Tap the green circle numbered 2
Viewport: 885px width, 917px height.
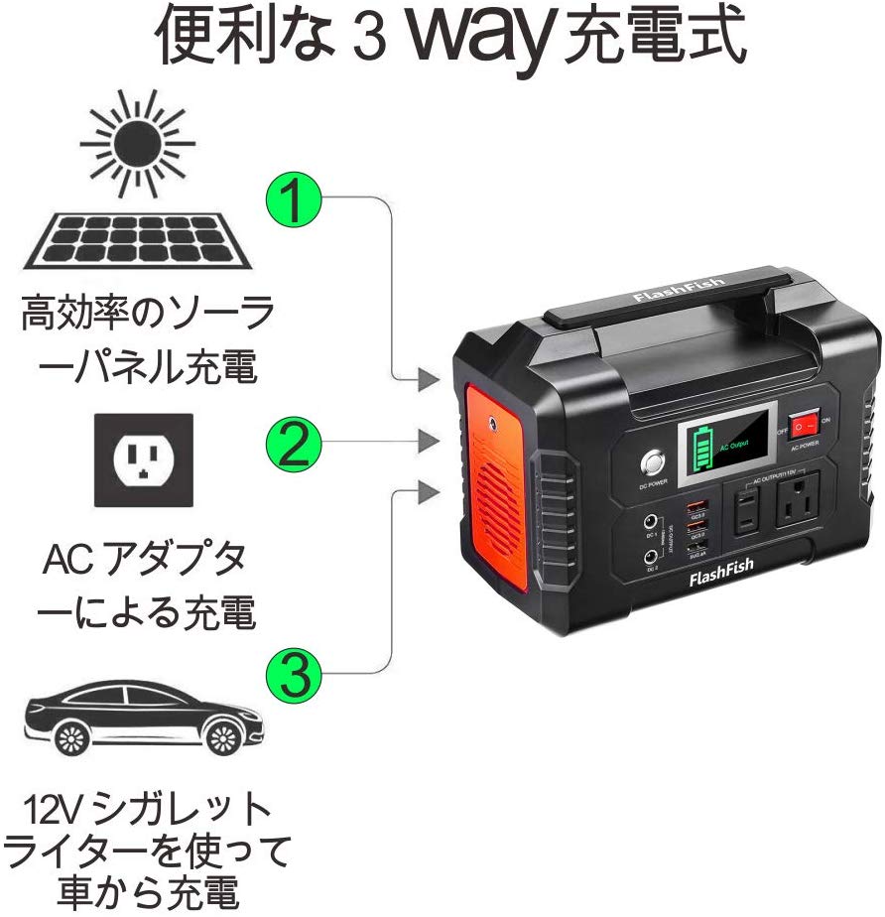coord(295,446)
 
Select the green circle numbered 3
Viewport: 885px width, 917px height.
coord(295,677)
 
